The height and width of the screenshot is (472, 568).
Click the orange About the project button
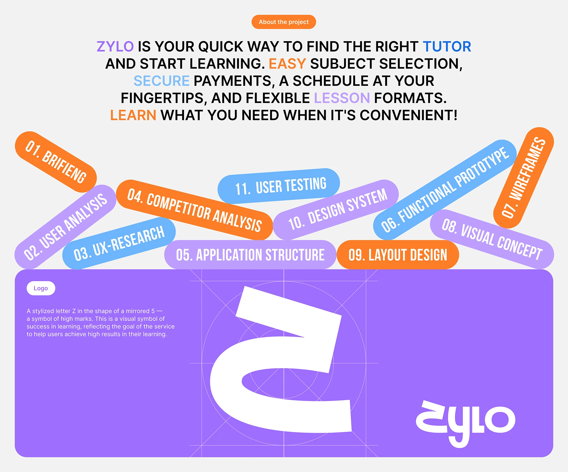(x=284, y=22)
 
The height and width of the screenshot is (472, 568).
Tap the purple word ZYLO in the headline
(x=115, y=46)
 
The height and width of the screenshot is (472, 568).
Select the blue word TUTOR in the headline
(x=447, y=46)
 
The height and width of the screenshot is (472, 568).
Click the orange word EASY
(x=287, y=64)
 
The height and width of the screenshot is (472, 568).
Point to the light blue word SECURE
(x=162, y=81)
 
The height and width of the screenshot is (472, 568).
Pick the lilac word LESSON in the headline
(x=342, y=98)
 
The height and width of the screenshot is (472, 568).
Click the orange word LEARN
(x=133, y=115)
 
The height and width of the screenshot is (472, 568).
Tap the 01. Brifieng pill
(x=56, y=162)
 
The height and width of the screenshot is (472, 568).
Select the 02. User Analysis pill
(x=65, y=227)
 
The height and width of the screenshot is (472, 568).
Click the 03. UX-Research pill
(x=119, y=243)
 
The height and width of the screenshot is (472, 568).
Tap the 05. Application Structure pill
(x=250, y=255)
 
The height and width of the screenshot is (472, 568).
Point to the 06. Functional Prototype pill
(x=445, y=190)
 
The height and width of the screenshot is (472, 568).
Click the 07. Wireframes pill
(x=524, y=178)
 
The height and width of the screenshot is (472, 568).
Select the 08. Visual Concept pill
(x=492, y=239)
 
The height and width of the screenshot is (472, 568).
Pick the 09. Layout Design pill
(x=398, y=255)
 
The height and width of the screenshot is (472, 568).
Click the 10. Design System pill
(x=336, y=210)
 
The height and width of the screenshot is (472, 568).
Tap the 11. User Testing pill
(x=279, y=186)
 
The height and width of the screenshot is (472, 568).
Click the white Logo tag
(x=41, y=288)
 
